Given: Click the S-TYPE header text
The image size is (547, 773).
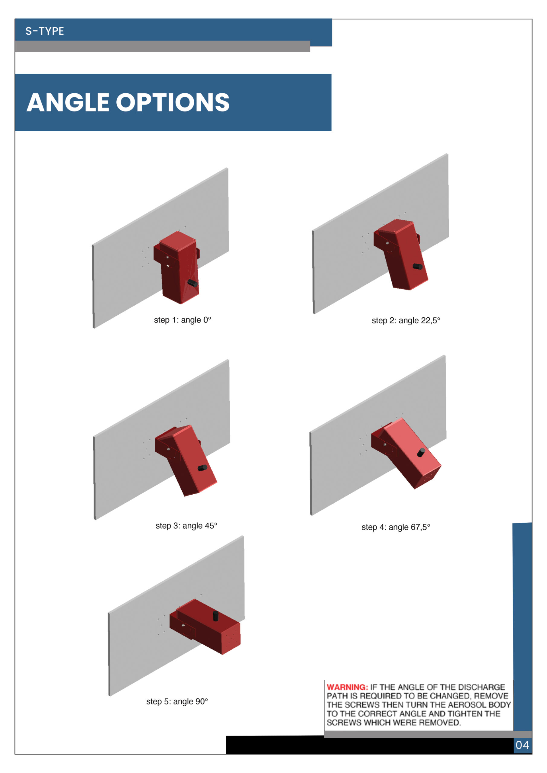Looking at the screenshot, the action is [x=44, y=31].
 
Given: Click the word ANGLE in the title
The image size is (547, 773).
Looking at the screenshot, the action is [x=68, y=102].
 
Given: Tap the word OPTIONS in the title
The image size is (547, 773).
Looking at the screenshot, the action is [x=173, y=102].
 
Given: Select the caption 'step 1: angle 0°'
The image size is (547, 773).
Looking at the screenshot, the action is [x=182, y=320].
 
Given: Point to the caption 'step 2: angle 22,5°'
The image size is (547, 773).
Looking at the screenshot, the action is [x=406, y=320].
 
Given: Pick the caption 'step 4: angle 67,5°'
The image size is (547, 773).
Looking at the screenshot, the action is [x=396, y=527].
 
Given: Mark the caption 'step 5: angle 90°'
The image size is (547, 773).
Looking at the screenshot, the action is [x=177, y=701].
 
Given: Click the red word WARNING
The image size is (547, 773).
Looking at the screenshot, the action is [x=347, y=687].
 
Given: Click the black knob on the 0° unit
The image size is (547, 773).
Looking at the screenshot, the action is [x=193, y=283].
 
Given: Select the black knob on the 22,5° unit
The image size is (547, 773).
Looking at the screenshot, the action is [x=418, y=267].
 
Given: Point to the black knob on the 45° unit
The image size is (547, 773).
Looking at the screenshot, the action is [x=202, y=468].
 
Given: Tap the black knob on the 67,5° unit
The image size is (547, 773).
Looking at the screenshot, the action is [x=421, y=453].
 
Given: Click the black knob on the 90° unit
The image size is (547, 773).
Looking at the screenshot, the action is [x=215, y=616].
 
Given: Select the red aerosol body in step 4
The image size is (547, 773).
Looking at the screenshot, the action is [x=406, y=453].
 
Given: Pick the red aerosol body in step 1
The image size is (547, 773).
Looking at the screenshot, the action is [x=177, y=268].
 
